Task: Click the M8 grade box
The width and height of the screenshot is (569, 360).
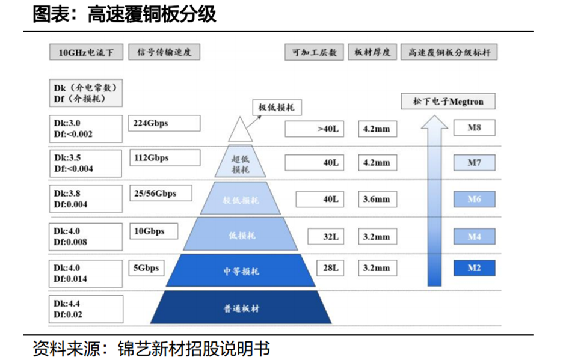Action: [474, 128]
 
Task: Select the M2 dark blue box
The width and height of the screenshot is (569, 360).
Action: [474, 267]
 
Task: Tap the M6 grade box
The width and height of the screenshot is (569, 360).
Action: [474, 199]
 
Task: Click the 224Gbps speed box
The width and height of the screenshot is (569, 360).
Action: [164, 124]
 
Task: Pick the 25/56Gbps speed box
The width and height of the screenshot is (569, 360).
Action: [160, 193]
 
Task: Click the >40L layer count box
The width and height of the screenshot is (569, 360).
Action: [314, 129]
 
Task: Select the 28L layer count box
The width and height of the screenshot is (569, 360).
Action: [330, 268]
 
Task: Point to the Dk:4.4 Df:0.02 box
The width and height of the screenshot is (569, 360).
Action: [87, 309]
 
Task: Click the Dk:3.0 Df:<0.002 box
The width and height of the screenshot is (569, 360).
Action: [87, 129]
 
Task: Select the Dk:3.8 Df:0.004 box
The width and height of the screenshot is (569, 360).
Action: [87, 199]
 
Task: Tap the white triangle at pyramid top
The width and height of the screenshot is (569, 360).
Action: [240, 131]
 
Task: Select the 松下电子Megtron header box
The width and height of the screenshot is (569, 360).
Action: [448, 102]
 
